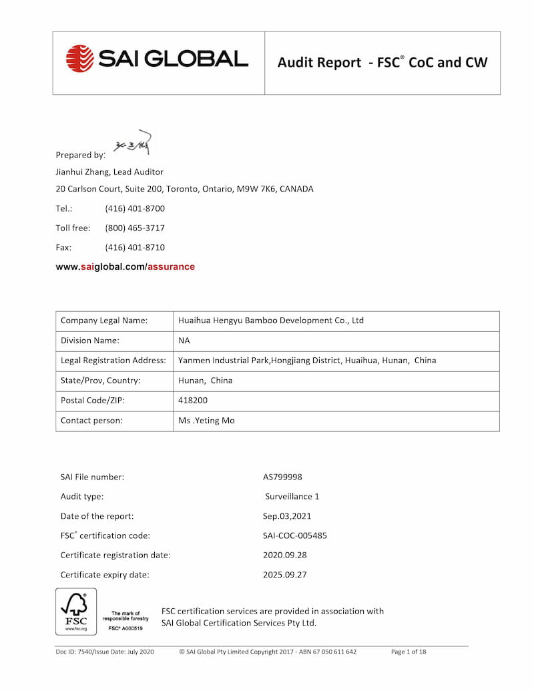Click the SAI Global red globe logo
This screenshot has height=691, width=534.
click(x=80, y=59)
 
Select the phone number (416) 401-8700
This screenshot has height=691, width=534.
click(x=135, y=208)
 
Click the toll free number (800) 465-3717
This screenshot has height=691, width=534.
click(x=135, y=228)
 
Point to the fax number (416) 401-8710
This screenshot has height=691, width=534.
click(x=135, y=247)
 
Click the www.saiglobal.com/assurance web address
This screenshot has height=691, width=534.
click(x=125, y=266)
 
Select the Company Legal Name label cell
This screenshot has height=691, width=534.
click(x=104, y=320)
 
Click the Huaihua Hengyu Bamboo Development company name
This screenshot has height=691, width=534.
click(x=271, y=320)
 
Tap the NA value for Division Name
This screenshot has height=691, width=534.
click(x=184, y=340)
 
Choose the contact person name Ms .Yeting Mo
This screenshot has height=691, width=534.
click(x=206, y=421)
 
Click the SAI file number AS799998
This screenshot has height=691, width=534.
click(x=282, y=477)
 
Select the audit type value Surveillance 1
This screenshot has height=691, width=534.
click(x=292, y=497)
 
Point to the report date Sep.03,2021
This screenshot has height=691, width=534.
click(x=287, y=516)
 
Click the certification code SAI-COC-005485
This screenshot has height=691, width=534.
click(x=295, y=535)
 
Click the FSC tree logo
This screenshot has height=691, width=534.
click(x=75, y=611)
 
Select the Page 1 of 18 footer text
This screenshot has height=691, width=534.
click(x=409, y=652)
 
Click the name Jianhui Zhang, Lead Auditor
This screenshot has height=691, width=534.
click(x=109, y=172)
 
